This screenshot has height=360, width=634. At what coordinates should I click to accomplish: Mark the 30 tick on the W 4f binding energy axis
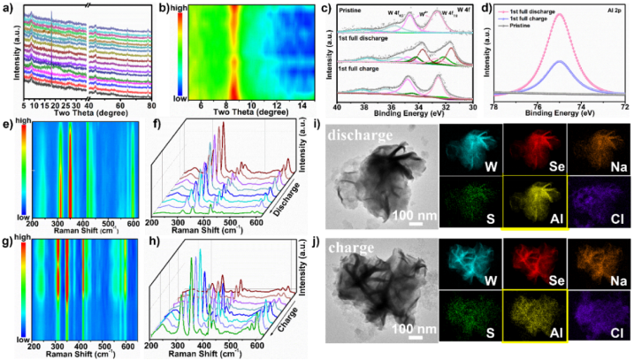click(x=474, y=105)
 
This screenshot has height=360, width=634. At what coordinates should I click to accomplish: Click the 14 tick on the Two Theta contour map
click(x=302, y=106)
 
